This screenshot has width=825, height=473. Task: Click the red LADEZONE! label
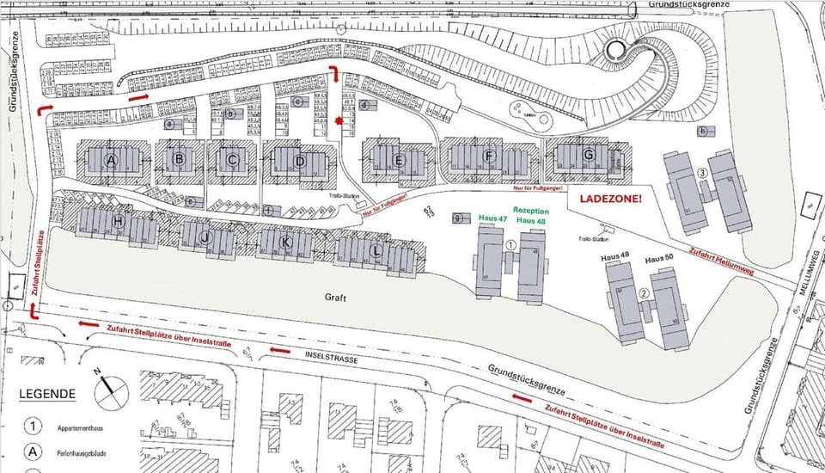(x=612, y=199)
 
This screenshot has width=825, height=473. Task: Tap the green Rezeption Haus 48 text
(x=531, y=216)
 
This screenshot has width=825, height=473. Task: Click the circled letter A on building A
(x=110, y=161)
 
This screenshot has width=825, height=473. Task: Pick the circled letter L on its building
(x=376, y=251)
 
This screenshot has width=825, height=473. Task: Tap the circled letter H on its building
(x=118, y=222)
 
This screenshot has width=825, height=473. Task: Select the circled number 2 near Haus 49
(x=644, y=292)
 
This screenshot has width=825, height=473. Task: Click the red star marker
(x=339, y=122)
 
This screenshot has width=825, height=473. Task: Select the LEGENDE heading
(x=47, y=394)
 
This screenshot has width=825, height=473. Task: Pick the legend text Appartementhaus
(x=82, y=427)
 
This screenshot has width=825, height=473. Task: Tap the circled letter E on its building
(x=399, y=161)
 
